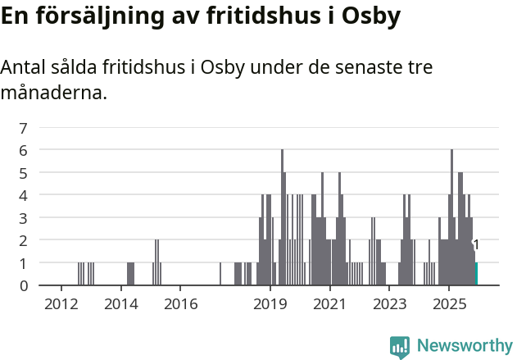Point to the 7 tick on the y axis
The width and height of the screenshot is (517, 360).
click(x=23, y=128)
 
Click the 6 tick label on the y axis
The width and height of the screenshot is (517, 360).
click(x=23, y=150)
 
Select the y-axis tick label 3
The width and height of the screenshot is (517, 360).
click(x=23, y=218)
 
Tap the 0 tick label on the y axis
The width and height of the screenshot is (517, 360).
click(x=23, y=285)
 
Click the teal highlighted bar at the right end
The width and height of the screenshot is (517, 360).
click(x=476, y=274)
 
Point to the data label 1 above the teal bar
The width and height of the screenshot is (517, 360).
click(x=476, y=245)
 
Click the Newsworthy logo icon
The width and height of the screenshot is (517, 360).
click(x=400, y=347)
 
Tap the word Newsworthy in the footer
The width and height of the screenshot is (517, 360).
click(x=464, y=347)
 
